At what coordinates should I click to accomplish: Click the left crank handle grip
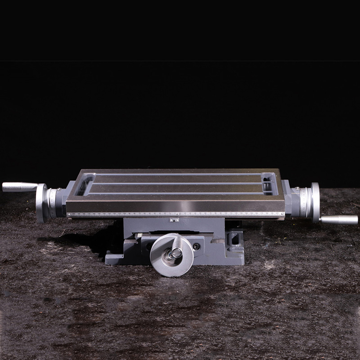click(x=19, y=187)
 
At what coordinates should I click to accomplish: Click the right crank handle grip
click(x=339, y=219)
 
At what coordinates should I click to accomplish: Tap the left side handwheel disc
click(x=41, y=202)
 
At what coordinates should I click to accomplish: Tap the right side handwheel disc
click(x=315, y=202)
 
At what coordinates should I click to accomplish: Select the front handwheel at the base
click(x=172, y=255)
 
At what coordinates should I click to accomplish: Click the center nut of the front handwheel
click(x=175, y=254)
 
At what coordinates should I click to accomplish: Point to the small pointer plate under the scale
click(x=174, y=219)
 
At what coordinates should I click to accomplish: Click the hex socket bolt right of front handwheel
click(x=196, y=246)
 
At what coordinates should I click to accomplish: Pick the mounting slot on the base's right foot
click(x=234, y=240)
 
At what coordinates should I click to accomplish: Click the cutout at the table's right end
click(x=269, y=184)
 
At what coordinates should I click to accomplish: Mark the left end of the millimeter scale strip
click(x=68, y=215)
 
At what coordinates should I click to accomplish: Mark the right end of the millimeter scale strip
click(x=283, y=214)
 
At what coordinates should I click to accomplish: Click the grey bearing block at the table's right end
click(x=291, y=201)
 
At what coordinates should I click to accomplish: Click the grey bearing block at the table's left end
click(x=63, y=202)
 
